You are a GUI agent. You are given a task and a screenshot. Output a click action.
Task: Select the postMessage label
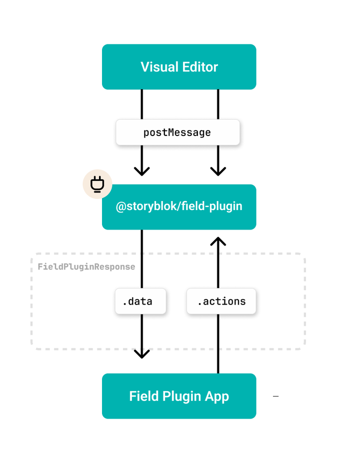(x=177, y=132)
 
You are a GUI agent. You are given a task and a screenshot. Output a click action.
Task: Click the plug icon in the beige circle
(x=97, y=184)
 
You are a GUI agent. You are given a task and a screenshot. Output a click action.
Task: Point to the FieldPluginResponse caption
(x=86, y=266)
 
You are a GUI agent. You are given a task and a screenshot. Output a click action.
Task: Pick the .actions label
(x=221, y=301)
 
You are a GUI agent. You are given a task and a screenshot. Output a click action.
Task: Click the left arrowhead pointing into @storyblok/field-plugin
(x=142, y=170)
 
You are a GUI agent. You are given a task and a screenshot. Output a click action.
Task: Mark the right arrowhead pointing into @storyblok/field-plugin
(x=218, y=170)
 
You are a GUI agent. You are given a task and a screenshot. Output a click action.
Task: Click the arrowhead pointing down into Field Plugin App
(x=142, y=353)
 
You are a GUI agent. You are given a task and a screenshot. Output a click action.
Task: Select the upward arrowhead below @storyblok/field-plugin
(x=218, y=242)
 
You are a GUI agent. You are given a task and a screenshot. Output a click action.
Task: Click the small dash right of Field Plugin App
(x=275, y=396)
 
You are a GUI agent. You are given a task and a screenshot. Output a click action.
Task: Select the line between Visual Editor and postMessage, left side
(x=142, y=104)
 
